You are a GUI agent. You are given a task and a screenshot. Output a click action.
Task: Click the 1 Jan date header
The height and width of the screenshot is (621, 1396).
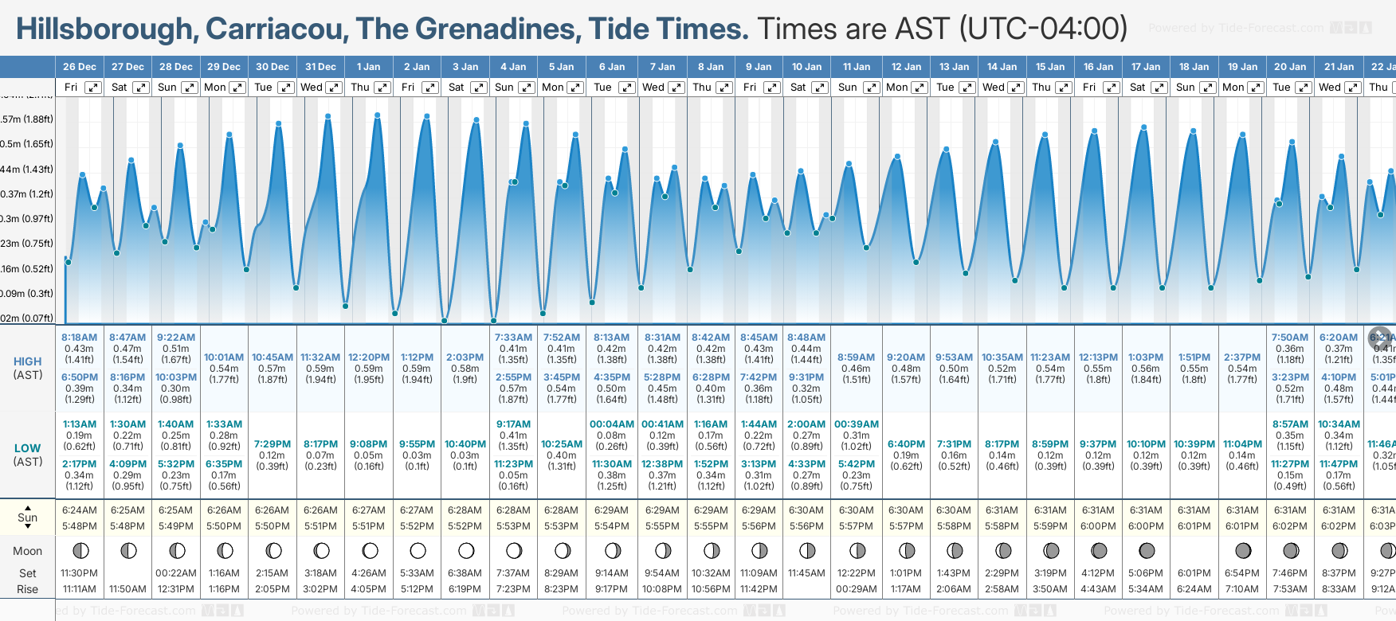(368, 67)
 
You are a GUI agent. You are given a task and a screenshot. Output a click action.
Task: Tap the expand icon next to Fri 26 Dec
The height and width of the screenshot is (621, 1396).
(93, 88)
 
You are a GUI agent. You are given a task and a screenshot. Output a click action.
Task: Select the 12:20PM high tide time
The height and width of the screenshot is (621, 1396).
(368, 357)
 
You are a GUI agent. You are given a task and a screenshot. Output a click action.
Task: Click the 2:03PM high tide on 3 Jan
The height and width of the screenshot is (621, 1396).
(465, 357)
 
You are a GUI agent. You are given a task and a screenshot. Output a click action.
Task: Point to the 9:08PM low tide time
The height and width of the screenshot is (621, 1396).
(368, 444)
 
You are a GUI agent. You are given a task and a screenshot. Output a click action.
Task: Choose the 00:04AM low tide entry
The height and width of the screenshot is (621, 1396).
(611, 424)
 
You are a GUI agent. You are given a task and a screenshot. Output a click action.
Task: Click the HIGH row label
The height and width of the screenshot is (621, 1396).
(28, 361)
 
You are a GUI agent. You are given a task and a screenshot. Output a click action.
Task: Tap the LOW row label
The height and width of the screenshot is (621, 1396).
(28, 448)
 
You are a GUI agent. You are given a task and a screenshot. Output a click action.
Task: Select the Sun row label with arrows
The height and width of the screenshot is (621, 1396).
(28, 517)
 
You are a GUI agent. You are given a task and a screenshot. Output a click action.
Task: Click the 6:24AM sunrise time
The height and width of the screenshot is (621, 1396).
(79, 510)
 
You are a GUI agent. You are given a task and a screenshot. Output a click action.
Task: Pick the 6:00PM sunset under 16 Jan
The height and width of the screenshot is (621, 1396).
(1098, 526)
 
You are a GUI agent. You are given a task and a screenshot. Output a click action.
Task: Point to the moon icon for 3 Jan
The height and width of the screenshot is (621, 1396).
(466, 550)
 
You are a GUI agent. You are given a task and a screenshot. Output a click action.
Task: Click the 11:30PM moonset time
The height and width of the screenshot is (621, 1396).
(79, 573)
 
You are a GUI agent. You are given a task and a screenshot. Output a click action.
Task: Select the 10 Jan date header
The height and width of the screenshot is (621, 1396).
(806, 67)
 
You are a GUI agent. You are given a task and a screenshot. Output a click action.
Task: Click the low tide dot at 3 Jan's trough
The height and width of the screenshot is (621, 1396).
(445, 321)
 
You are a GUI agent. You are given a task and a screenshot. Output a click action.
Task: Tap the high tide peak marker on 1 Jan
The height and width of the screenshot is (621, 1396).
(378, 115)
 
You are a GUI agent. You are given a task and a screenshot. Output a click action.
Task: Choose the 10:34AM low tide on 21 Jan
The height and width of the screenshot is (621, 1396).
(1339, 424)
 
